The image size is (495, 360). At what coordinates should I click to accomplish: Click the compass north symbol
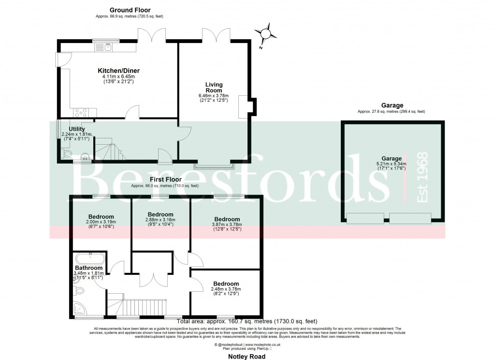pyautogui.click(x=265, y=35)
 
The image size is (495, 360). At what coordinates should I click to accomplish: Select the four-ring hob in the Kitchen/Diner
pyautogui.click(x=81, y=113)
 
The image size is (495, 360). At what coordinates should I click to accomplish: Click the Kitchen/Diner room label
pyautogui.click(x=118, y=71)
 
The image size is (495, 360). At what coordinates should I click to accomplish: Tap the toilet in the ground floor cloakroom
pyautogui.click(x=67, y=154)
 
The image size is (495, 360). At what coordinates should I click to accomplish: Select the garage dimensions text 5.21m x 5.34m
pyautogui.click(x=391, y=164)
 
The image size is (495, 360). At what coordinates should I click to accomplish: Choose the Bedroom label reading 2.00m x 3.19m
pyautogui.click(x=101, y=216)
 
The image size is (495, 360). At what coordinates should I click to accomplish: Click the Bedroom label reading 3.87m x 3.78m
pyautogui.click(x=227, y=219)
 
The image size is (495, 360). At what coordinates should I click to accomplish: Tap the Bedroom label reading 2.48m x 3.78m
pyautogui.click(x=226, y=284)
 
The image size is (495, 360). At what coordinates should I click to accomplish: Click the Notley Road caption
pyautogui.click(x=247, y=356)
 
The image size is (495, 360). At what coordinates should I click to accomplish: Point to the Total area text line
pyautogui.click(x=247, y=321)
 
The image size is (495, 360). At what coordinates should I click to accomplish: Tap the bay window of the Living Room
pyautogui.click(x=214, y=166)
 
